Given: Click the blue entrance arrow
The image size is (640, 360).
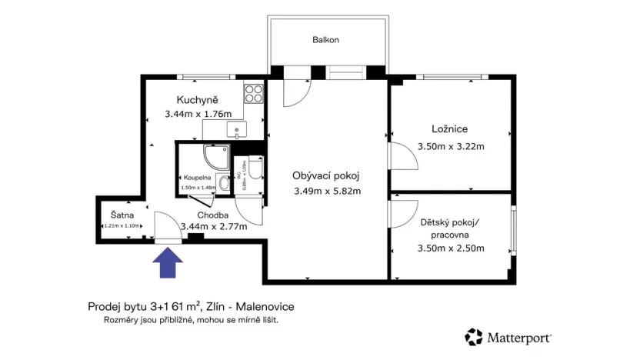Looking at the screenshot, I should [x=168, y=265].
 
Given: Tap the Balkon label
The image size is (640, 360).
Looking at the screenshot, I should [x=325, y=40].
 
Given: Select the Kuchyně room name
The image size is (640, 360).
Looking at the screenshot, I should [x=198, y=100].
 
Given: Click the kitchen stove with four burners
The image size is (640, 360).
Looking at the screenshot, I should [x=254, y=95].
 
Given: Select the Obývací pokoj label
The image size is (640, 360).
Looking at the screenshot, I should [x=326, y=175].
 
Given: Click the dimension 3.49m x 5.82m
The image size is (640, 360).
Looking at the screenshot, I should [x=327, y=192].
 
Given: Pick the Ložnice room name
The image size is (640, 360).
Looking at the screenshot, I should [x=450, y=129].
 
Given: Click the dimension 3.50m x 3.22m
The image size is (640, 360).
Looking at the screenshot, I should [x=450, y=146].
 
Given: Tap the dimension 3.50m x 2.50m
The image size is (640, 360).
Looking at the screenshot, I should [x=450, y=248].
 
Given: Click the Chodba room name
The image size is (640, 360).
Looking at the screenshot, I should [x=212, y=215].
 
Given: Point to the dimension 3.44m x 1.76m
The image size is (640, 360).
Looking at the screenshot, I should [x=198, y=115].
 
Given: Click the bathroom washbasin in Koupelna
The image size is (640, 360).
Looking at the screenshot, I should [x=222, y=182].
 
